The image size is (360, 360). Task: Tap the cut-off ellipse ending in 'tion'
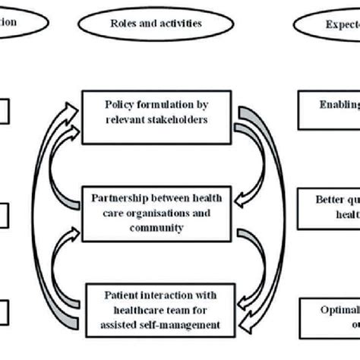pyautogui.click(x=19, y=23)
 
